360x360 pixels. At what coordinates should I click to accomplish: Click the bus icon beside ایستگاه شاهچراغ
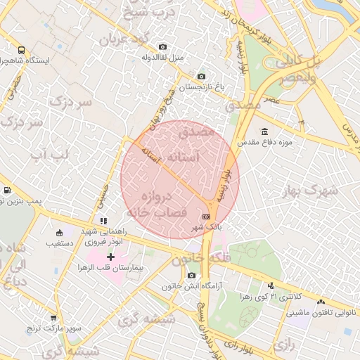coord(21,51)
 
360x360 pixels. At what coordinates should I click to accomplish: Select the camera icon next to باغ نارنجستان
coord(202,77)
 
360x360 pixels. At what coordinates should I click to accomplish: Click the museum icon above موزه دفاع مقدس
coord(264,131)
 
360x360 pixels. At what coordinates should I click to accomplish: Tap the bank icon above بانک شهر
coord(206,217)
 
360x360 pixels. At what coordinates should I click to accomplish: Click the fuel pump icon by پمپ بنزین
coord(7,190)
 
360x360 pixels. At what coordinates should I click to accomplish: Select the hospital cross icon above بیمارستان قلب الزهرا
coord(110,257)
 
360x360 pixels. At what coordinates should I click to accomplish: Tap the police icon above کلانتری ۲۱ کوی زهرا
coord(271,285)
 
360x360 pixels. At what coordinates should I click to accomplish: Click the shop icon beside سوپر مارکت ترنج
coord(54,317)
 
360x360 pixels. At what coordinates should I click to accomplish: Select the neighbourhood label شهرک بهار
coord(310,191)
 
